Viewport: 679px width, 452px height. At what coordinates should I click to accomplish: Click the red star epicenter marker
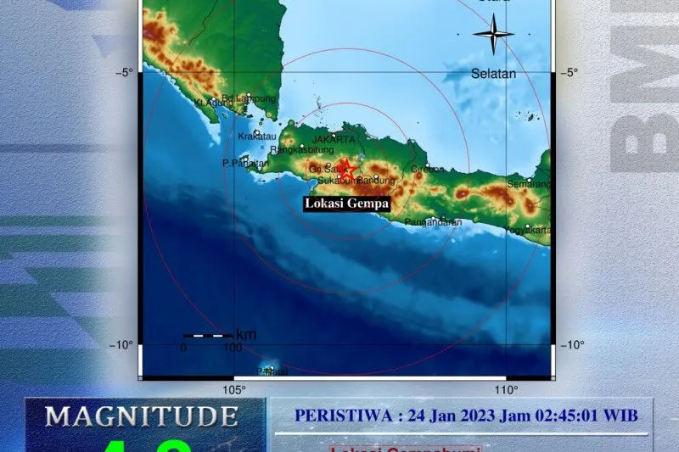[x=346, y=168]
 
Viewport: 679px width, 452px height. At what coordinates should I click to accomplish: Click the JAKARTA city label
[x=334, y=139]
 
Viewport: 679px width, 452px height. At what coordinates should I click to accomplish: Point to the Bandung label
[x=376, y=181]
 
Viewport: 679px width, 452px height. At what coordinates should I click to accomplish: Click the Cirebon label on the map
[x=427, y=169]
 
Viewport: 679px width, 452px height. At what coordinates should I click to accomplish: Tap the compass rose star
[x=493, y=35]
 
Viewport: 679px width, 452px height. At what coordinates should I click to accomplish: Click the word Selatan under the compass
[x=493, y=74]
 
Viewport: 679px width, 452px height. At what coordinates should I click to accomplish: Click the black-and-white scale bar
[x=207, y=336]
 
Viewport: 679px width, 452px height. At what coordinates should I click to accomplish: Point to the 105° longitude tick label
[x=233, y=390]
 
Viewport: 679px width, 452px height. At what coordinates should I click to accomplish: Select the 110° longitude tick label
[x=506, y=390]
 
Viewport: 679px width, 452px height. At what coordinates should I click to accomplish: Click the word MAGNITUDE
[x=141, y=416]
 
